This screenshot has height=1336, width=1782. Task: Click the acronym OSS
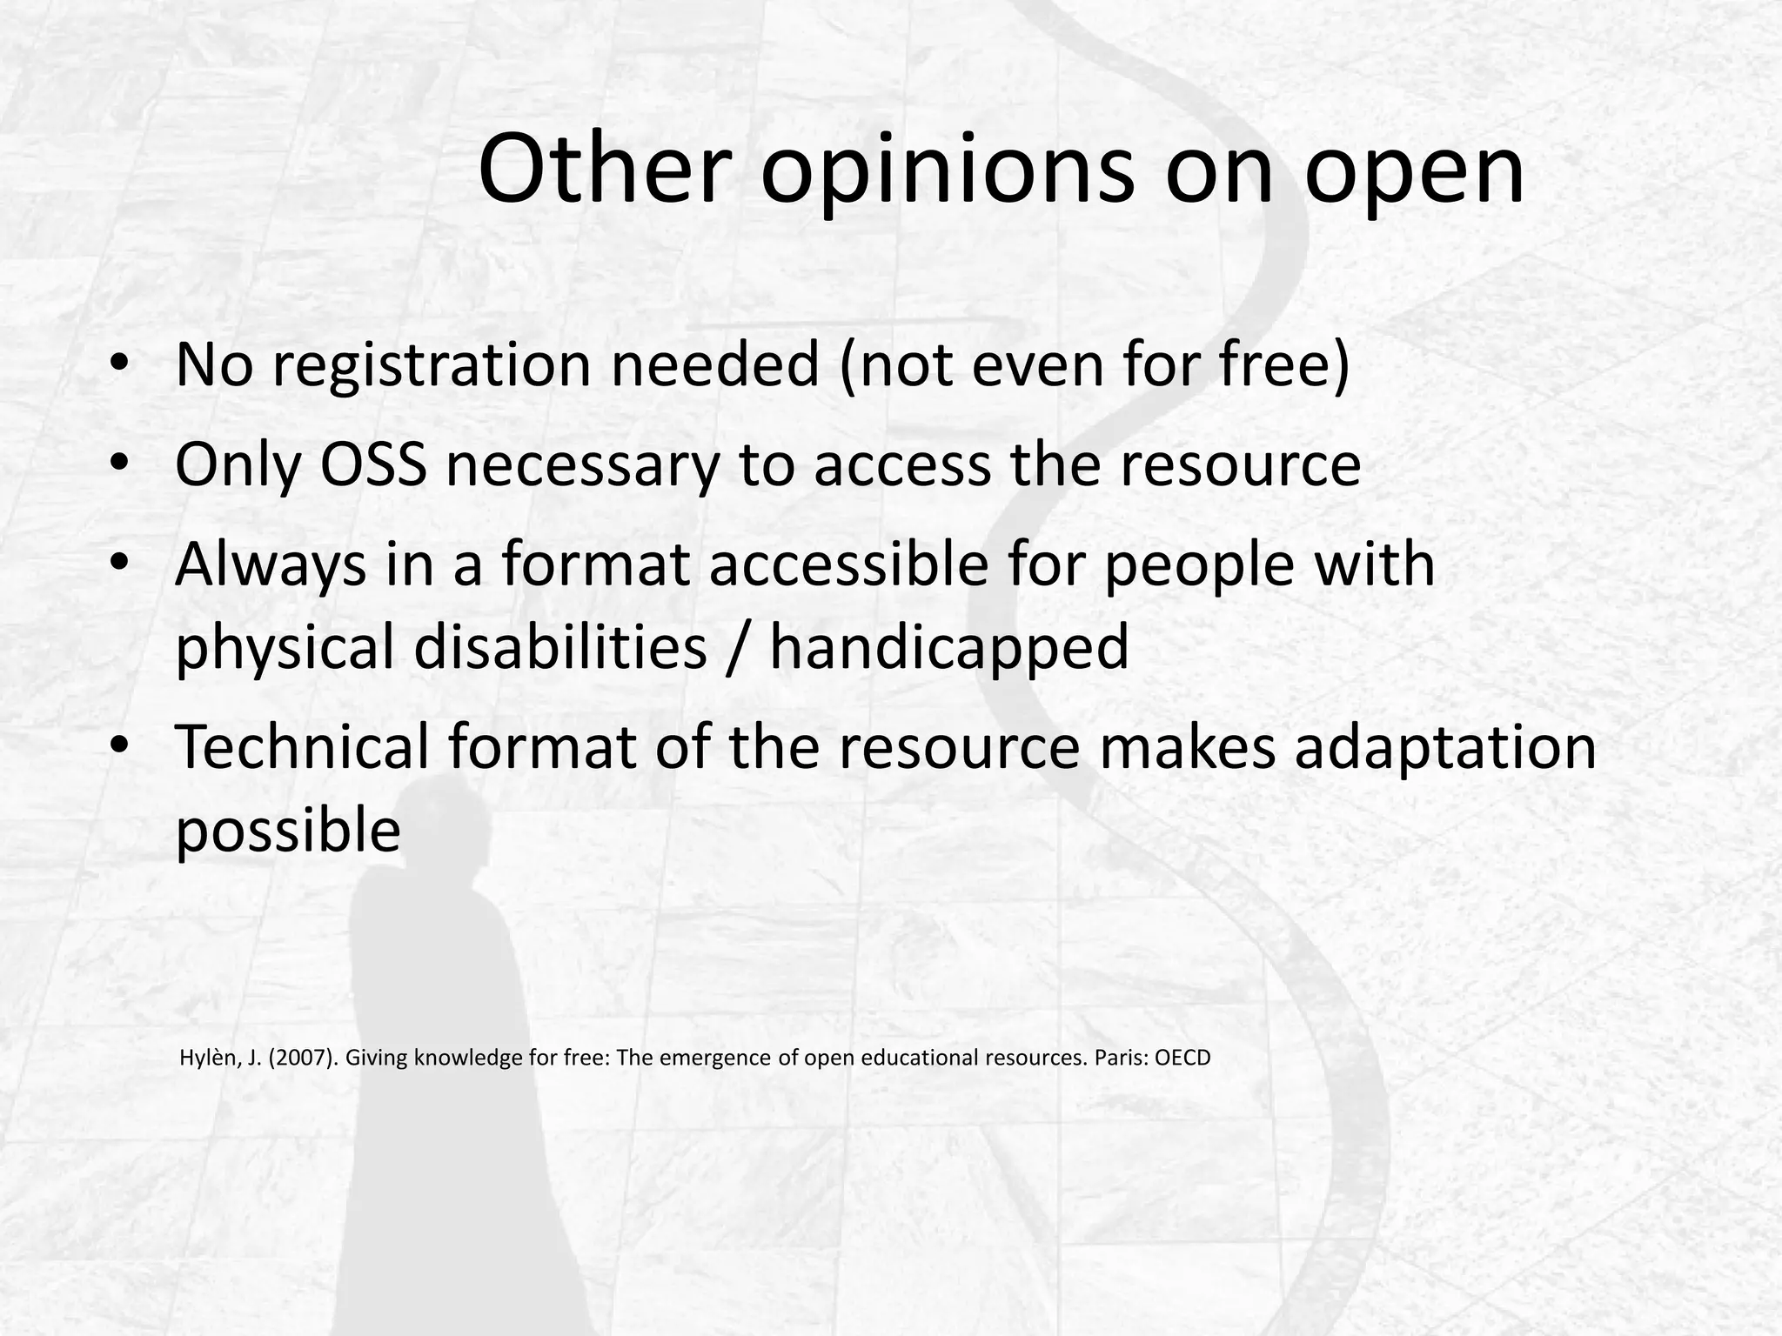[374, 464]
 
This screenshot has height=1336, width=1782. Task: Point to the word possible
[288, 830]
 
